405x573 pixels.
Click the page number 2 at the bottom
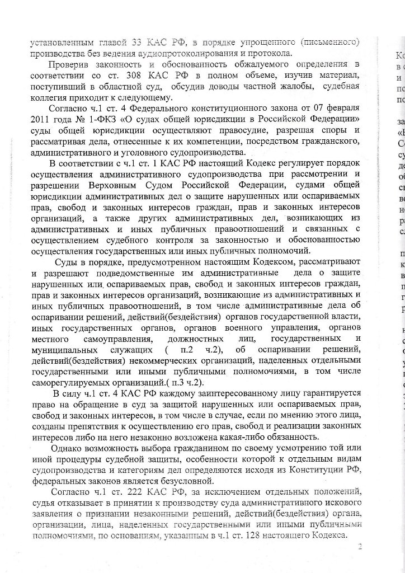[x=360, y=547]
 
